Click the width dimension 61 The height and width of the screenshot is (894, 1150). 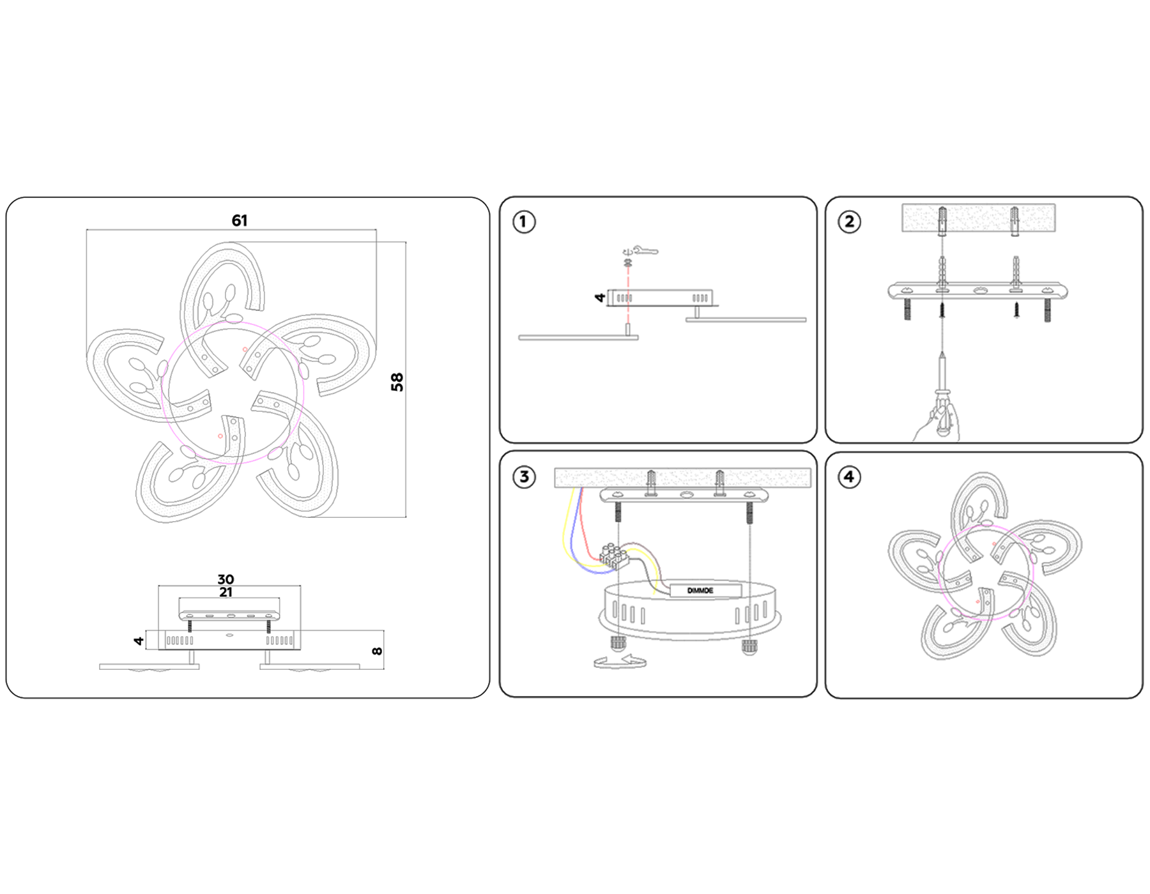pos(240,221)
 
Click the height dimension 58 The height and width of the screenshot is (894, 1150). pos(397,382)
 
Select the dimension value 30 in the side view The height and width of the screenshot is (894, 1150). pos(226,579)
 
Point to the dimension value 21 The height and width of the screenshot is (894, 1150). pos(226,593)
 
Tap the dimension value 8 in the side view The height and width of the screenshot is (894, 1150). pos(377,651)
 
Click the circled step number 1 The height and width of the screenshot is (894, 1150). pos(524,222)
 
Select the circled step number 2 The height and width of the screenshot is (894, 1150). pos(849,222)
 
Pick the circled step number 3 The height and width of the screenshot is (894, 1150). pos(524,476)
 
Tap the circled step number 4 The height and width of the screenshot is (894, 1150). pos(849,476)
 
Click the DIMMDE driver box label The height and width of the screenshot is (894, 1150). pos(700,591)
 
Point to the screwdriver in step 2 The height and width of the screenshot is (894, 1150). pos(942,390)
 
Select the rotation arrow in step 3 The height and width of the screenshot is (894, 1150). pos(619,662)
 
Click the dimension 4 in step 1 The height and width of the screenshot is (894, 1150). pos(599,298)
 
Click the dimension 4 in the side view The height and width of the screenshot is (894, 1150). pos(139,640)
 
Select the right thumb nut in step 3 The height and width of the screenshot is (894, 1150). pos(749,647)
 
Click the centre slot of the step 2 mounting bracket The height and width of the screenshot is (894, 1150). pos(980,291)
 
